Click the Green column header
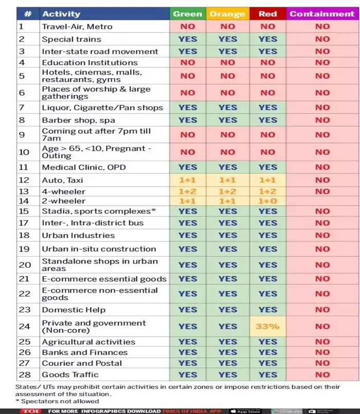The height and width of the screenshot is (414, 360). tap(187, 14)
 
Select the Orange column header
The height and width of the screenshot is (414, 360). tap(227, 14)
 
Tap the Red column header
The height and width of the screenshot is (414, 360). tap(267, 14)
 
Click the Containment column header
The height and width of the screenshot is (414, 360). tap(322, 14)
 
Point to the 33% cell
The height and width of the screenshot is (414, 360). tap(267, 326)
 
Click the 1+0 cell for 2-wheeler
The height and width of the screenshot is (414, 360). tap(267, 201)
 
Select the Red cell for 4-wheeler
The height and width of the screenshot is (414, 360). tap(267, 191)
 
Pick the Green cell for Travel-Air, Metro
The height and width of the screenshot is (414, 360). tap(187, 27)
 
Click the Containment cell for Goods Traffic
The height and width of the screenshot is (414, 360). tap(322, 374)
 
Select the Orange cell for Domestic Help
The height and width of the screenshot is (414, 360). tap(227, 310)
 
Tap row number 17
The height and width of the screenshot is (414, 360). tap(24, 223)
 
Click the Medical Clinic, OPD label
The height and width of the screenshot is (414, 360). tap(84, 167)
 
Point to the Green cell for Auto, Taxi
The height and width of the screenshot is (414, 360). tap(187, 181)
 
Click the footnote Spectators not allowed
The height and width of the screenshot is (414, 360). tap(59, 401)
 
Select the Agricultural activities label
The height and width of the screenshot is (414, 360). tap(88, 342)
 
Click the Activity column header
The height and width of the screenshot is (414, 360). tap(61, 14)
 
